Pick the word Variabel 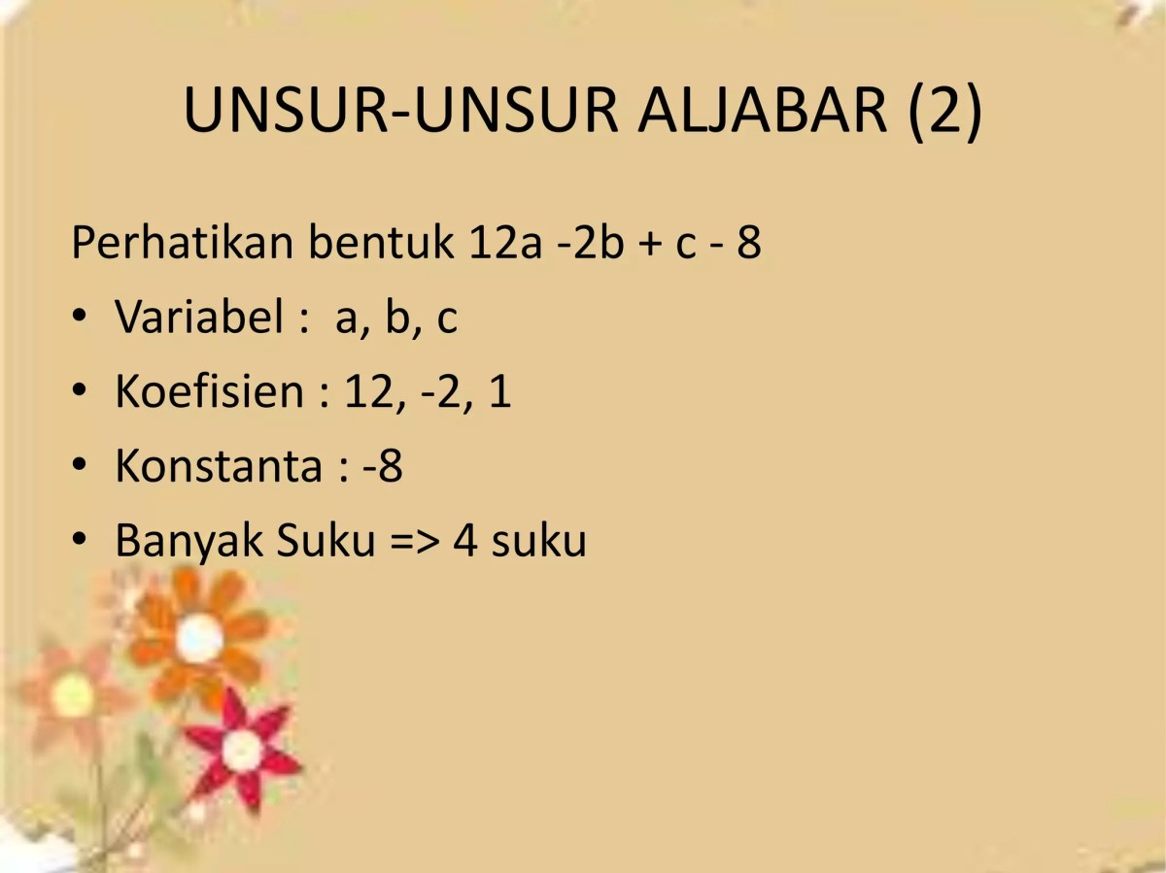199,317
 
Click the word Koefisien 210,391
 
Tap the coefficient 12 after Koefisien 365,392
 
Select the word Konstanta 218,466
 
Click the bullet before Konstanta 80,467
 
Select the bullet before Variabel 80,318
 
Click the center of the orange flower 199,639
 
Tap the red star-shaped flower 240,748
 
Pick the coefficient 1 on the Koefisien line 499,392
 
